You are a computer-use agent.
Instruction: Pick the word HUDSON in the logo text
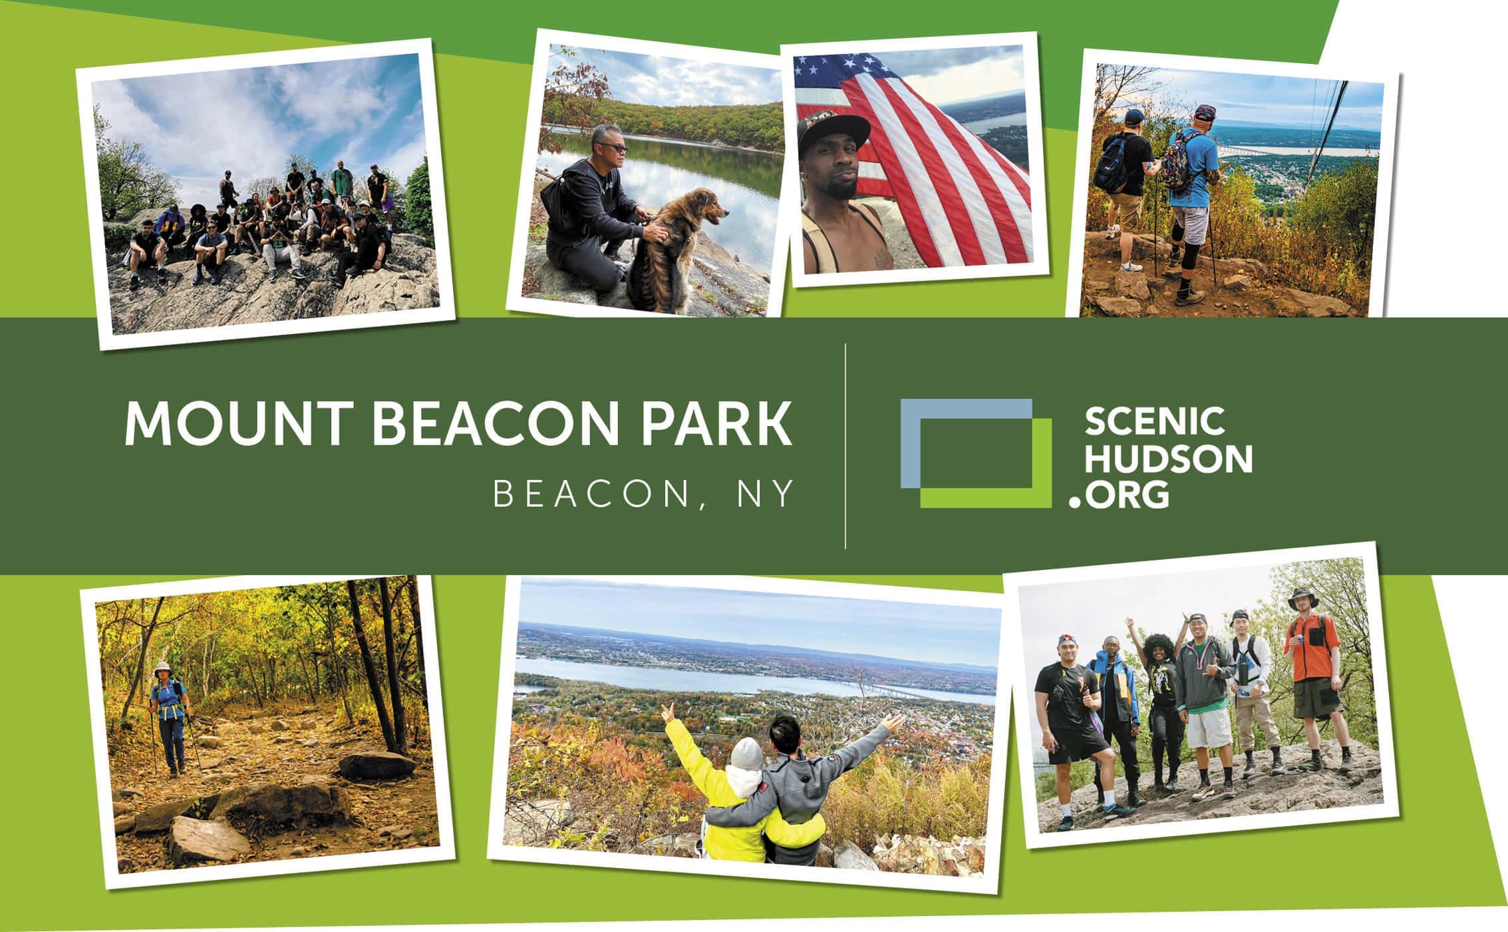coord(1168,458)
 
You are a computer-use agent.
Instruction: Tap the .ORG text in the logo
coord(1119,494)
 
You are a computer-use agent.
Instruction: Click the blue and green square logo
coord(976,453)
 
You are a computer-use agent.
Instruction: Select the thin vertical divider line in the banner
coord(845,446)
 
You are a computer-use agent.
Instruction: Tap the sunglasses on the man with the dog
coord(613,148)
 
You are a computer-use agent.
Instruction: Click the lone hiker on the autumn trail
coord(169,717)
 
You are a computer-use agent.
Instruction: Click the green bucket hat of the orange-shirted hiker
coord(1302,598)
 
